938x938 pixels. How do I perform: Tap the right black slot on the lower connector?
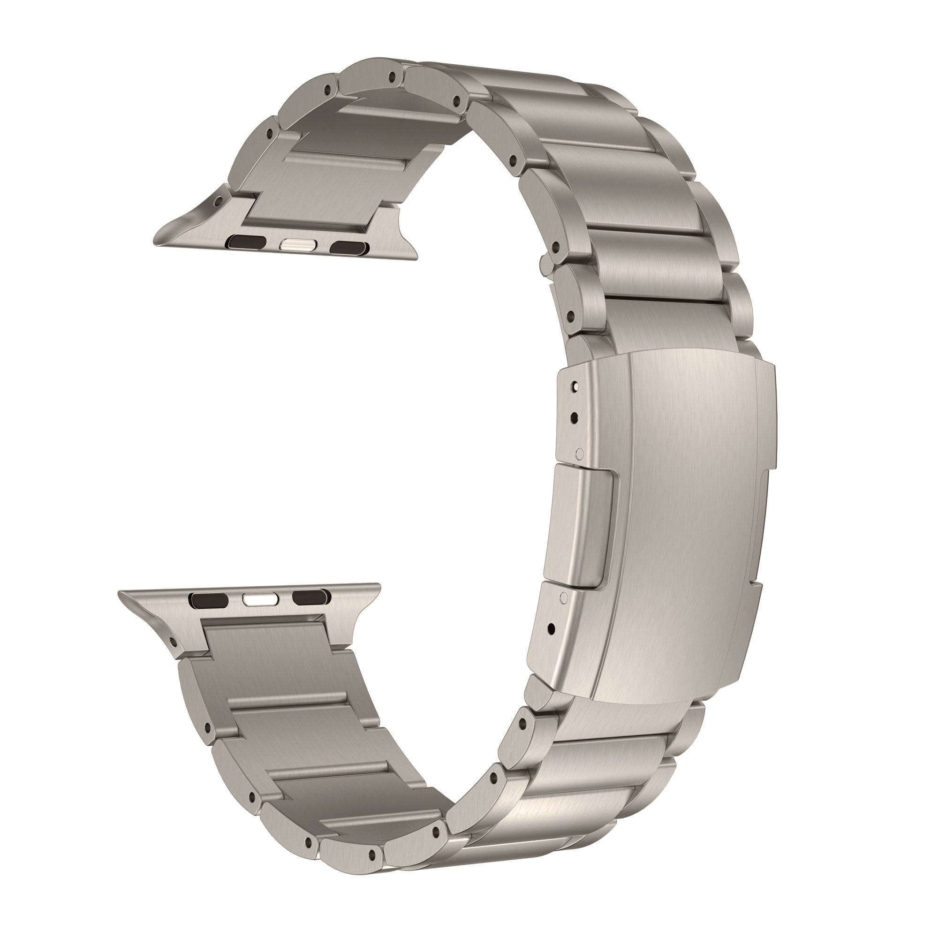tap(309, 596)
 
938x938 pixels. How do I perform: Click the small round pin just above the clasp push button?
tap(578, 454)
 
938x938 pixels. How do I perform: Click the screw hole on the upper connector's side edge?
tap(222, 198)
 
